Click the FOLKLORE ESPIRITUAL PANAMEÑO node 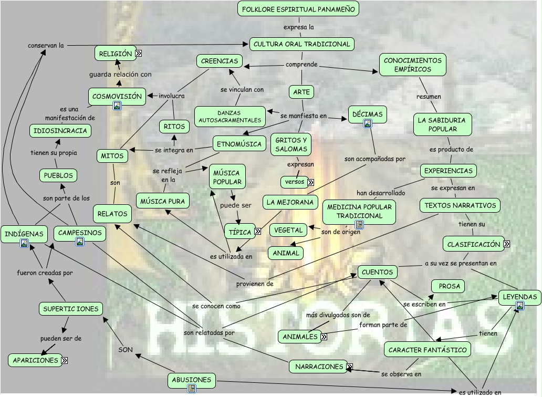point(298,9)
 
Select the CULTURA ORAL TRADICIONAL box point(301,44)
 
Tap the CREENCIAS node point(220,61)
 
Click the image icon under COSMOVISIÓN point(117,106)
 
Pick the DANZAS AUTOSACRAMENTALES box point(231,117)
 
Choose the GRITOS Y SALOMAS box point(291,144)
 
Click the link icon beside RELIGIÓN point(138,53)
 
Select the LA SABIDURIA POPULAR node point(442,124)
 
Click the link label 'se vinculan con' point(242,90)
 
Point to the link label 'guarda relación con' point(120,75)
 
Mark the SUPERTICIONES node point(70,309)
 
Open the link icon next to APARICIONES point(64,360)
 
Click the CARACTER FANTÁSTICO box point(427,350)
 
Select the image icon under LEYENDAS point(519,306)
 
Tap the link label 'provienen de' point(255,284)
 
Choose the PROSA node point(449,286)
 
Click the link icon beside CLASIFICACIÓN point(506,244)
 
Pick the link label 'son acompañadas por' point(375,159)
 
